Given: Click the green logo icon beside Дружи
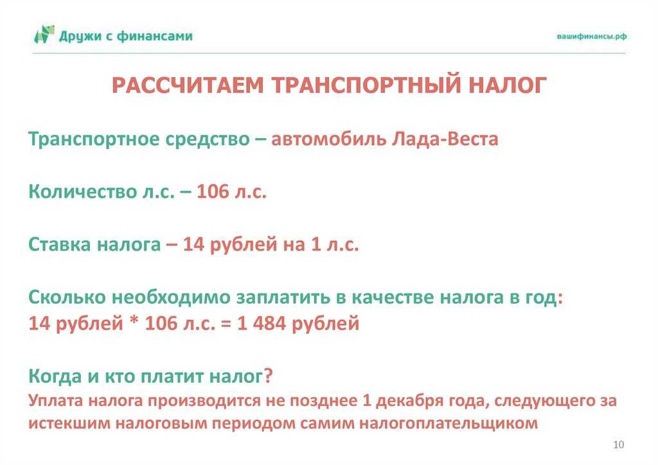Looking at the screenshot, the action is point(44,35).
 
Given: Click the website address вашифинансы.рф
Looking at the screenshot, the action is point(592,36).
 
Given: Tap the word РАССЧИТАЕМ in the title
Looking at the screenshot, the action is point(188,85).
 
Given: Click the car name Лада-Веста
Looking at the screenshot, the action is point(445,139).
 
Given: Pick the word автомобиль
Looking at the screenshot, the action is point(328,139).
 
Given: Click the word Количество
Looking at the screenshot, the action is point(83,192).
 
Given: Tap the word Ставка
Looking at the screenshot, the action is point(60,245).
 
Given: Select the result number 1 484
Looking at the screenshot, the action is point(262,323).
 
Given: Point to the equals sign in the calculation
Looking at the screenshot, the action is point(226,324).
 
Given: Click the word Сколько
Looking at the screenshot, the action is point(67,297).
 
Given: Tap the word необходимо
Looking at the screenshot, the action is point(171,297).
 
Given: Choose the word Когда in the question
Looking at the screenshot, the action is point(55,376).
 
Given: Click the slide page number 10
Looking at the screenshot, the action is point(619,445).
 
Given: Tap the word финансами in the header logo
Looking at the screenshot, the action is point(155,36).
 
